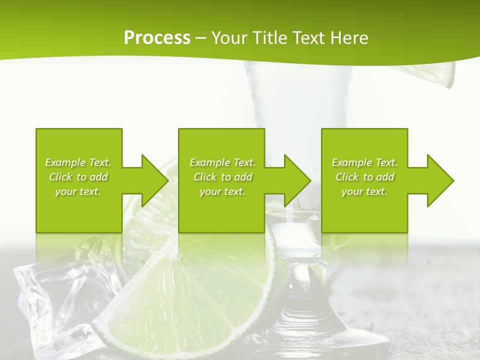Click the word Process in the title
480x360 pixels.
pyautogui.click(x=157, y=38)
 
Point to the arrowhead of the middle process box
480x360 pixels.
pyautogui.click(x=297, y=180)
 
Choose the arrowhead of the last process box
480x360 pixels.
pyautogui.click(x=441, y=180)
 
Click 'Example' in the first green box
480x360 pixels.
pyautogui.click(x=65, y=162)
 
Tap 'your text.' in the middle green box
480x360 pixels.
pyautogui.click(x=222, y=191)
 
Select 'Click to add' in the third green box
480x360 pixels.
pyautogui.click(x=365, y=177)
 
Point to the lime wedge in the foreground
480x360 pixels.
pyautogui.click(x=200, y=300)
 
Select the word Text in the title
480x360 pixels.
pyautogui.click(x=308, y=38)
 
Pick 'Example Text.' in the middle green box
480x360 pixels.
pyautogui.click(x=222, y=162)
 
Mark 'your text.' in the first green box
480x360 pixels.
pyautogui.click(x=78, y=191)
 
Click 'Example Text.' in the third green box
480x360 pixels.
pyautogui.click(x=364, y=162)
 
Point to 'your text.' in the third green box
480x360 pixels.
pyautogui.click(x=364, y=191)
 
